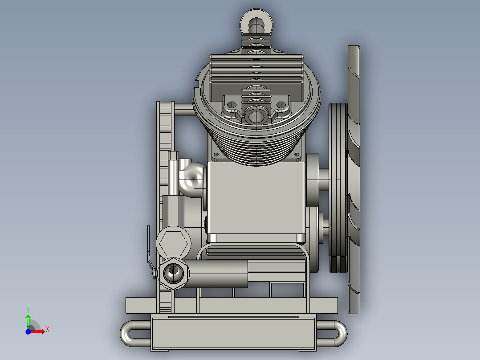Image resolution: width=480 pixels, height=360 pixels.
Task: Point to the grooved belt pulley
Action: click(x=338, y=187)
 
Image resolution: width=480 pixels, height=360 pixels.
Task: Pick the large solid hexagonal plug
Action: click(x=173, y=242)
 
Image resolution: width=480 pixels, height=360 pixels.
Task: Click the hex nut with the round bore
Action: click(x=173, y=273)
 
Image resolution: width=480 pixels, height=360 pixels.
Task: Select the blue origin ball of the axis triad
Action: click(x=28, y=331)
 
